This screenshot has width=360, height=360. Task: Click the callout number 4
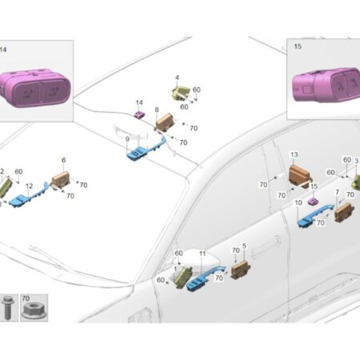coord(177,78)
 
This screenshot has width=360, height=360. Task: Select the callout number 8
coord(157,110)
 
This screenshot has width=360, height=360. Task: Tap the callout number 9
coord(127,139)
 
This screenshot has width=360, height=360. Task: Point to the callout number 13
coord(294,154)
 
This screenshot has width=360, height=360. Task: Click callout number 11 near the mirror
coord(202,254)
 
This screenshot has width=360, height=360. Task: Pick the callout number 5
coord(244,246)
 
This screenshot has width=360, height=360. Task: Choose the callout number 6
coord(63,160)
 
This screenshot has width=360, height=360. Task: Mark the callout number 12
coord(29,186)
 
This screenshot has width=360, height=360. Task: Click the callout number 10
coord(298,202)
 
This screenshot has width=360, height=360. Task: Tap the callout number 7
coord(337,192)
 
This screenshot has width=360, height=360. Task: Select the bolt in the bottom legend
coord(6,306)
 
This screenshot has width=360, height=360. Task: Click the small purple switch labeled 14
coord(139,115)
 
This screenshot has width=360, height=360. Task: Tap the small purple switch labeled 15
coord(313,201)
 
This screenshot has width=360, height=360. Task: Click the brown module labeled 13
coord(300,175)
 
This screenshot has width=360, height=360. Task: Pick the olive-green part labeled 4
coord(180,92)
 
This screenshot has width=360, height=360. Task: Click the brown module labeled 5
coord(241,270)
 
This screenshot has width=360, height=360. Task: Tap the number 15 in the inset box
coord(298,46)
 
